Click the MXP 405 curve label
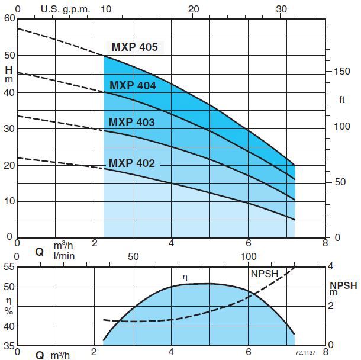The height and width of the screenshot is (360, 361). (x=134, y=47)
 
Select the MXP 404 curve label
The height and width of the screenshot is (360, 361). (x=132, y=86)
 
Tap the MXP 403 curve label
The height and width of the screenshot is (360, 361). (x=131, y=123)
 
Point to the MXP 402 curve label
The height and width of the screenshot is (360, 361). (x=131, y=163)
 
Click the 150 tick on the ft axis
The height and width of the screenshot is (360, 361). (x=342, y=71)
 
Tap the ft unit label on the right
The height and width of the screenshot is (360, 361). (x=342, y=99)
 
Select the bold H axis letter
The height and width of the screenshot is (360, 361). (x=8, y=70)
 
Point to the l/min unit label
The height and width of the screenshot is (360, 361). (x=63, y=256)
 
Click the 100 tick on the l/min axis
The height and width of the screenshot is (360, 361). (x=250, y=256)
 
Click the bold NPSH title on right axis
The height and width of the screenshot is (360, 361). (x=344, y=285)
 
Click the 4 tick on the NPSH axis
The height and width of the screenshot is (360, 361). (x=331, y=266)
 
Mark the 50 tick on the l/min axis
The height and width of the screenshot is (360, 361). (x=133, y=256)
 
